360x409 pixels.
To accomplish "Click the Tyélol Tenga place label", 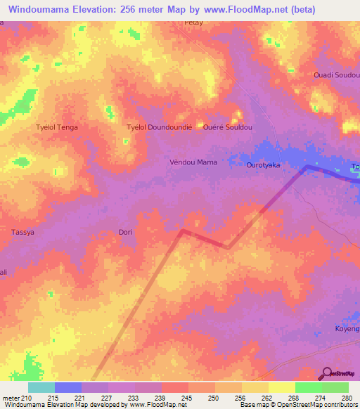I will (x=57, y=127).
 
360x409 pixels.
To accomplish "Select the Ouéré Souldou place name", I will (x=227, y=127).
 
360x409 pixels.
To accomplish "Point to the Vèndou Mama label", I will (x=193, y=162).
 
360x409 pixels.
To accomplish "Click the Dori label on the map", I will (x=125, y=231).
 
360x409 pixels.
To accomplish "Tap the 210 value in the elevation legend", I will (x=27, y=398).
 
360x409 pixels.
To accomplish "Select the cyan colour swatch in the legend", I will (x=41, y=387).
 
